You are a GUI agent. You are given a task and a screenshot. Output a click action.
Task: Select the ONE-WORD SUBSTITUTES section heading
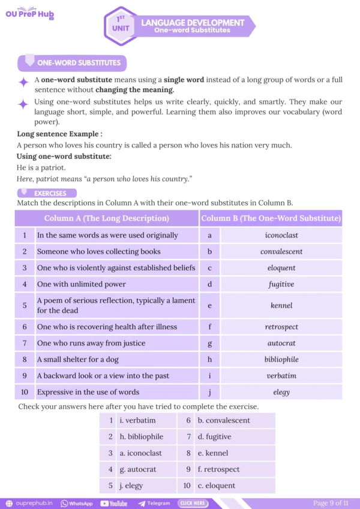pos(78,62)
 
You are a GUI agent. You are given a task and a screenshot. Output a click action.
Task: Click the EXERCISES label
pos(50,194)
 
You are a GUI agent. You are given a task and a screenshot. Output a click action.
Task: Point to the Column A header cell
pos(106,218)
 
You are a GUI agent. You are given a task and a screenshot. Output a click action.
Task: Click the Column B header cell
pos(271,218)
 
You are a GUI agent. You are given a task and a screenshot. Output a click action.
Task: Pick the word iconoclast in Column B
pos(281,236)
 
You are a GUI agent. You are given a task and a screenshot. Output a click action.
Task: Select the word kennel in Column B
pos(281,305)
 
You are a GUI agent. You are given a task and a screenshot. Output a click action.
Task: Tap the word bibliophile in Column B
pos(281,360)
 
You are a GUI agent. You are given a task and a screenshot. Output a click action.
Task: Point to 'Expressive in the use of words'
pos(88,392)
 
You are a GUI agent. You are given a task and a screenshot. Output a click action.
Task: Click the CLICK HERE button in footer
pos(193,504)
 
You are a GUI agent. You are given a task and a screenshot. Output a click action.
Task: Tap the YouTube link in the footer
pos(114,504)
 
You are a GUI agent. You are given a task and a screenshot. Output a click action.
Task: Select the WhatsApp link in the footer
pos(77,504)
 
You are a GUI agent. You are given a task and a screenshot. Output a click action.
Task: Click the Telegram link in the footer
pos(154,504)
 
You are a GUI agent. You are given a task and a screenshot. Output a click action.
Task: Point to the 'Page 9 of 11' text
pos(331,503)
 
